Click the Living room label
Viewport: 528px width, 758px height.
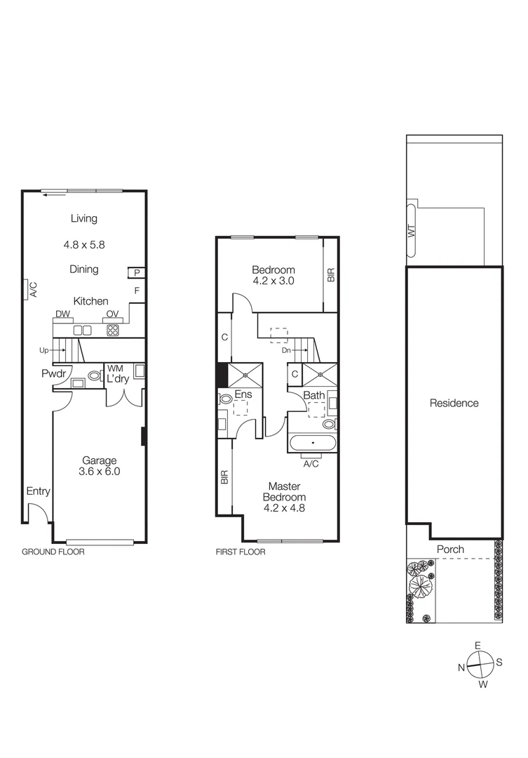click(83, 218)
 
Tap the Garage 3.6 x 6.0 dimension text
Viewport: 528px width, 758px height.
click(100, 472)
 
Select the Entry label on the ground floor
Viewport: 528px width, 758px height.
click(38, 491)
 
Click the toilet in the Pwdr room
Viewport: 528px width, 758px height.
click(94, 375)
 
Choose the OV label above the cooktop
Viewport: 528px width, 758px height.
click(111, 314)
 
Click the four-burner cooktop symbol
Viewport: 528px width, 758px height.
click(112, 329)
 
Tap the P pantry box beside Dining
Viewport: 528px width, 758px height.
click(137, 273)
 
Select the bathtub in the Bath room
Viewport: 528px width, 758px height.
click(312, 444)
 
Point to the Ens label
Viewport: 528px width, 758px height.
click(243, 395)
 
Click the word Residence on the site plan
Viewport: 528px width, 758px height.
click(454, 403)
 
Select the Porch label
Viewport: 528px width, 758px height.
click(450, 549)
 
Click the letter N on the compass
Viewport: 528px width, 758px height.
click(462, 667)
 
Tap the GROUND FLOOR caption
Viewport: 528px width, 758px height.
click(53, 552)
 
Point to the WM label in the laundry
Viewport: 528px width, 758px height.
click(112, 368)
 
